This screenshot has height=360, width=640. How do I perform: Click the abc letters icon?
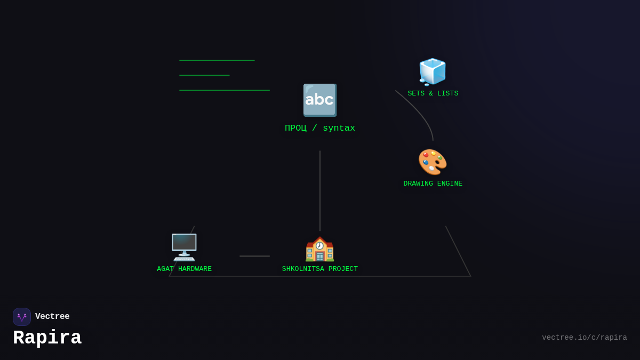tap(319, 100)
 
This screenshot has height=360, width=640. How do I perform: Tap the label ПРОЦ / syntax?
tap(320, 129)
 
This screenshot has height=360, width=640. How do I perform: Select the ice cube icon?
tap(433, 72)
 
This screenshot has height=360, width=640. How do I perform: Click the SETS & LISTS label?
tap(433, 94)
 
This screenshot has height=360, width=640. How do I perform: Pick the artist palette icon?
tap(433, 162)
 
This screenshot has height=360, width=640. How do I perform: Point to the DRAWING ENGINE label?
tap(433, 184)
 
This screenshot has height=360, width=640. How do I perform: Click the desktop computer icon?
tap(184, 247)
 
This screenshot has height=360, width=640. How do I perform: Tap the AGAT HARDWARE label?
tap(184, 269)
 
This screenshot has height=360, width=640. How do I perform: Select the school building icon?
tap(319, 249)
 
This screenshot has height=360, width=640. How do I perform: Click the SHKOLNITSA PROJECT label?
tap(319, 269)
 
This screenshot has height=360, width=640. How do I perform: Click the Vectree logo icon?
tap(22, 317)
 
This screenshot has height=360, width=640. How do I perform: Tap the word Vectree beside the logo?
tap(52, 317)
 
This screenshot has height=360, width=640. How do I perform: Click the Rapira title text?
tap(47, 338)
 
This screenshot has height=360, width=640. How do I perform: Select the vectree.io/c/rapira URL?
tap(584, 338)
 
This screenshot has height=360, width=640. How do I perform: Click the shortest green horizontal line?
tap(204, 75)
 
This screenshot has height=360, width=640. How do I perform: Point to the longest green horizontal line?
tap(225, 90)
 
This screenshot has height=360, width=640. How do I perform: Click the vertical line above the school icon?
tap(320, 190)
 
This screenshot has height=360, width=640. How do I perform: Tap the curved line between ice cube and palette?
tap(421, 112)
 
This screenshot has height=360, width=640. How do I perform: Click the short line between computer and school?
tap(254, 256)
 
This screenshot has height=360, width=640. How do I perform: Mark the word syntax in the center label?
tap(339, 129)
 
